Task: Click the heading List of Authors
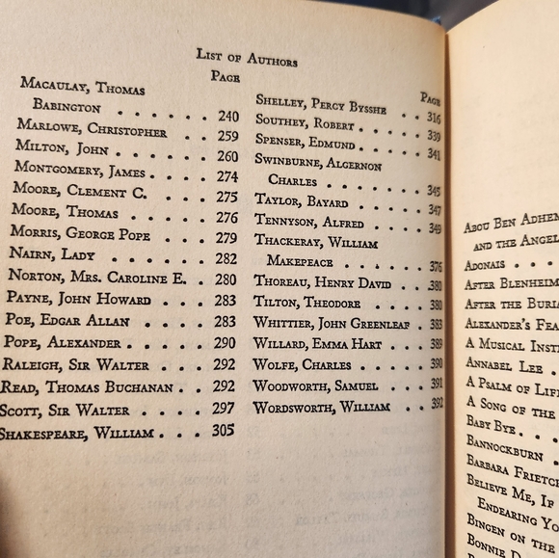point(247,57)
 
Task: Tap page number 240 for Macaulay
point(227,116)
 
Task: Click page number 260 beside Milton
point(227,155)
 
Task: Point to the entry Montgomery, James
point(80,171)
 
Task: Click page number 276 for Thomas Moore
point(226,214)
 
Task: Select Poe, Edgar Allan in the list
point(63,320)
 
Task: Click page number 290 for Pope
point(225,343)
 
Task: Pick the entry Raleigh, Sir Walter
point(69,364)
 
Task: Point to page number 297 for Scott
point(224,409)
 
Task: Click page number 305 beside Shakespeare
point(223,431)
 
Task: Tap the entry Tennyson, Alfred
point(308,224)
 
